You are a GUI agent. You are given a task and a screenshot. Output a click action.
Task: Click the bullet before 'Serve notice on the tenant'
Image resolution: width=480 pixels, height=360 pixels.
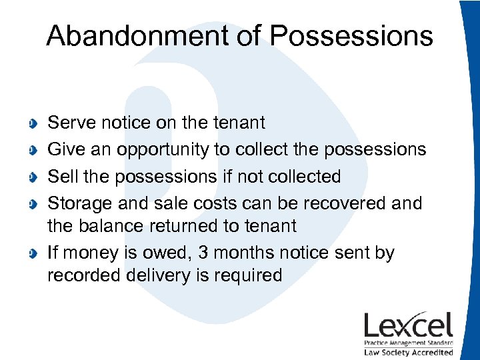pyautogui.click(x=33, y=123)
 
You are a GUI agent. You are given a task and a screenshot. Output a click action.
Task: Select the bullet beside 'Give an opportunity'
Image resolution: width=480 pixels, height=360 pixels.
pyautogui.click(x=33, y=150)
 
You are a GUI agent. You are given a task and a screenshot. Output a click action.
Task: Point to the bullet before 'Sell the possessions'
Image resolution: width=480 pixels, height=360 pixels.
pyautogui.click(x=33, y=177)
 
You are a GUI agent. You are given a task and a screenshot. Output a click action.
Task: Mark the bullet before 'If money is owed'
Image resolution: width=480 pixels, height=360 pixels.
pyautogui.click(x=33, y=254)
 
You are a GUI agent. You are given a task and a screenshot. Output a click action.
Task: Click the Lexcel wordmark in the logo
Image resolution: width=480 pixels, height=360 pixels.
pyautogui.click(x=408, y=325)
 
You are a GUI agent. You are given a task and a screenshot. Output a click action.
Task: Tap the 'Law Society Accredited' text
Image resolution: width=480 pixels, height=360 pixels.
pyautogui.click(x=408, y=352)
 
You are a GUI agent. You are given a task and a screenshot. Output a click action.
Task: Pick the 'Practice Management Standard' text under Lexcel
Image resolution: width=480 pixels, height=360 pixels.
pyautogui.click(x=408, y=343)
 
